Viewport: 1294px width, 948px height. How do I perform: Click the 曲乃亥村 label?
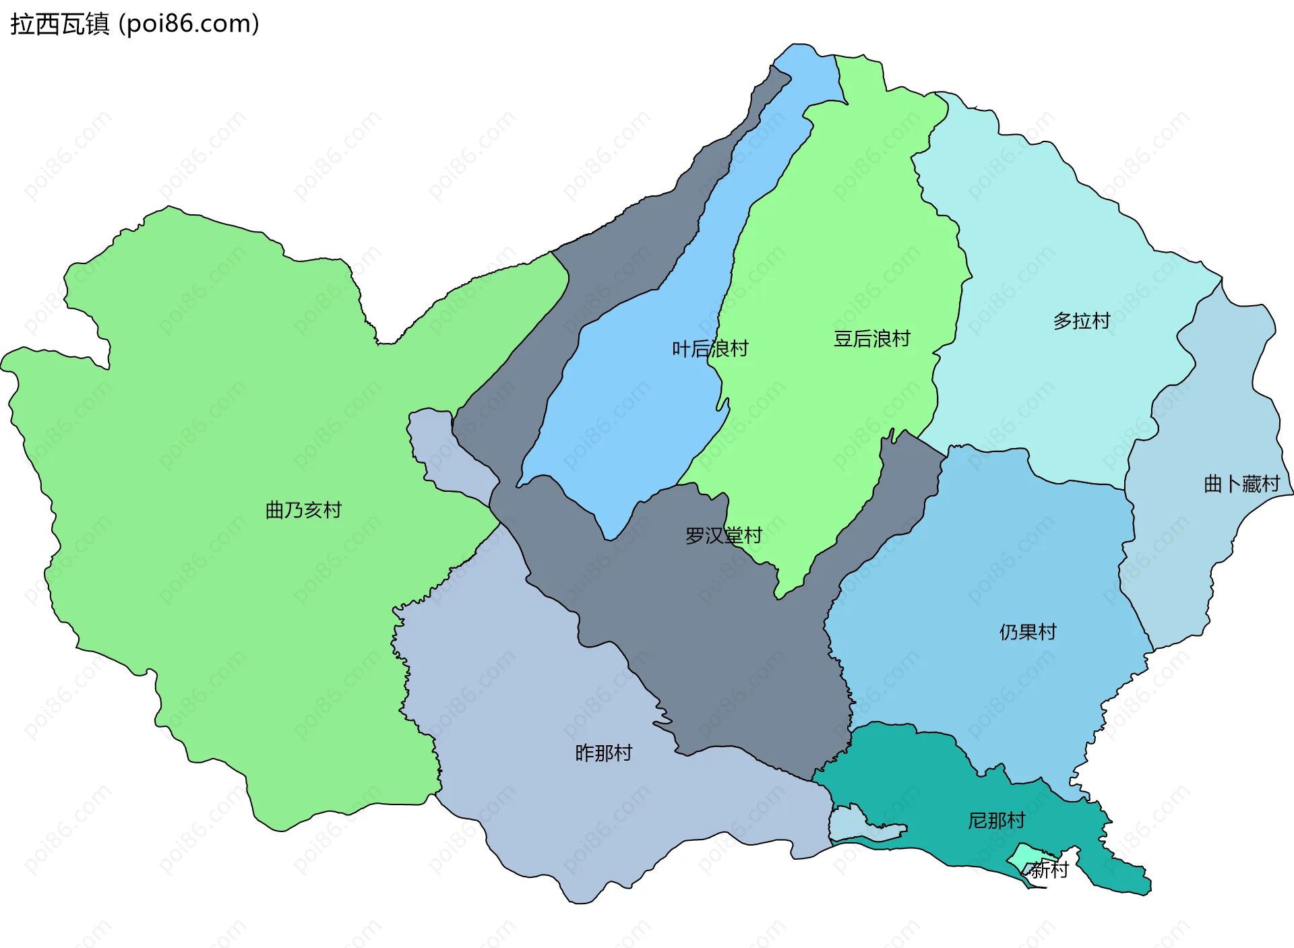click(x=303, y=510)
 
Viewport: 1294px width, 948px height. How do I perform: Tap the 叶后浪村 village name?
click(x=710, y=349)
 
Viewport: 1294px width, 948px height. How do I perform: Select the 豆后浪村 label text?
click(x=872, y=339)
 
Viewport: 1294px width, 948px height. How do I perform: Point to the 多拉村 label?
click(x=1082, y=321)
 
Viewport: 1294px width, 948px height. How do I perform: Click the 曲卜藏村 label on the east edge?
click(x=1241, y=484)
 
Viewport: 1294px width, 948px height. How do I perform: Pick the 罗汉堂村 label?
click(x=723, y=536)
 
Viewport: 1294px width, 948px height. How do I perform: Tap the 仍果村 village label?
click(x=1028, y=632)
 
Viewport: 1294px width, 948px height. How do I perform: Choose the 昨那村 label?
click(x=604, y=753)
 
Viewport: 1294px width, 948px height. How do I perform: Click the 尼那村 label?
click(x=997, y=821)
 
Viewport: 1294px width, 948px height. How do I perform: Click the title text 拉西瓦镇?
click(x=60, y=24)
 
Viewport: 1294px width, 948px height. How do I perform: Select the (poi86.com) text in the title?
click(x=189, y=24)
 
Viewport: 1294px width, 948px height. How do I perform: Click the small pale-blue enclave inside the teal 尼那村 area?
click(x=856, y=825)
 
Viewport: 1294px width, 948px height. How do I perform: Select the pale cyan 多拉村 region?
click(x=1051, y=243)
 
